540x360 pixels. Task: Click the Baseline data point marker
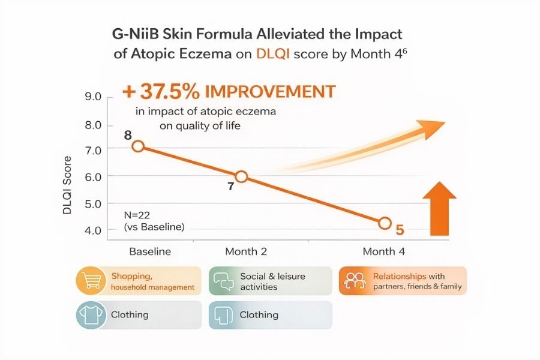click(x=138, y=146)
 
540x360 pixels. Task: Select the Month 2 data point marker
click(x=241, y=176)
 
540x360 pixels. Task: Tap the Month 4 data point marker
click(x=385, y=223)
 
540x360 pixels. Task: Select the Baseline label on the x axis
click(x=150, y=251)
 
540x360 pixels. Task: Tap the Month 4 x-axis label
click(x=384, y=251)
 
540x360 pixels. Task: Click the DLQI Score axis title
click(x=68, y=186)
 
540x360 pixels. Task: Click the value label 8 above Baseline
click(x=128, y=134)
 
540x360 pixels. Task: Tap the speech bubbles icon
click(x=223, y=281)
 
